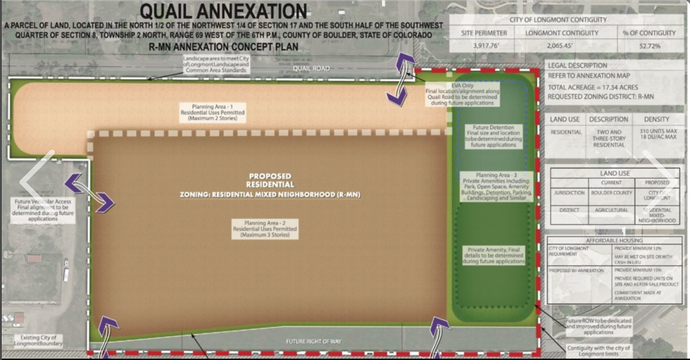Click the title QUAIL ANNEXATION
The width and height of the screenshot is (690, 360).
(x=223, y=12)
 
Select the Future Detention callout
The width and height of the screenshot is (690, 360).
(x=494, y=136)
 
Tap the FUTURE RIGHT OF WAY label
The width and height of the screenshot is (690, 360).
(x=313, y=342)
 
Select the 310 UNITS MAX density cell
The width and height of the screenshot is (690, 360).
(x=655, y=136)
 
